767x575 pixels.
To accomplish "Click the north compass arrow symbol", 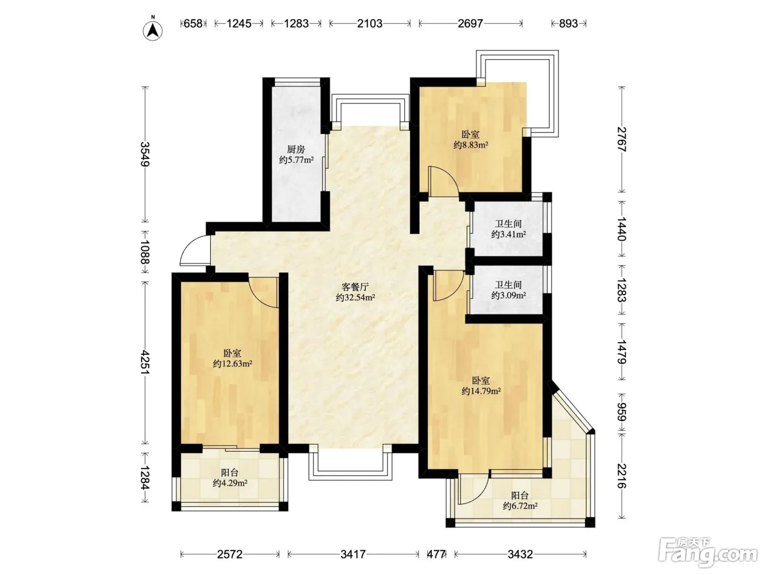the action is (x=153, y=31).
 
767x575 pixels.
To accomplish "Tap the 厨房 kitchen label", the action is (x=296, y=150).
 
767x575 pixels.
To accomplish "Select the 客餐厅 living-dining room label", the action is (x=355, y=287).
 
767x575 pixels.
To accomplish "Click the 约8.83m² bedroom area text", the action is (x=470, y=145).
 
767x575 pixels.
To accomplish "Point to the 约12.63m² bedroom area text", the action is (x=232, y=364).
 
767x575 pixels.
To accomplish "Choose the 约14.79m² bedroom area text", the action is (x=481, y=391).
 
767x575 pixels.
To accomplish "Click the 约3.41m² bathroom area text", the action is (x=508, y=234).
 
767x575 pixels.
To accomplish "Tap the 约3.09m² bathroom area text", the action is (x=508, y=295).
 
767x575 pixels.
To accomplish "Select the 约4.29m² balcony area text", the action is (x=230, y=483).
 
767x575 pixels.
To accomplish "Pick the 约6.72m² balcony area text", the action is (x=520, y=506).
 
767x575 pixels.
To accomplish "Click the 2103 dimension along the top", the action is (x=370, y=24).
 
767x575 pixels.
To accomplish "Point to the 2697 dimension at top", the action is (x=470, y=24).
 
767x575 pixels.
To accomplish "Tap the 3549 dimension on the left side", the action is (x=145, y=154).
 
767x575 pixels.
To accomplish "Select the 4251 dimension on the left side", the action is (x=145, y=363).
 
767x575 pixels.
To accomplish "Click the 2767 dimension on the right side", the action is (x=622, y=139).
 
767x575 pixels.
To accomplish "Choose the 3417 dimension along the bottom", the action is (x=353, y=554).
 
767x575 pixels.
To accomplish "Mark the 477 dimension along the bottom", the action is (x=437, y=554).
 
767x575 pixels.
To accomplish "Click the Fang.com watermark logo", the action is (x=708, y=552).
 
